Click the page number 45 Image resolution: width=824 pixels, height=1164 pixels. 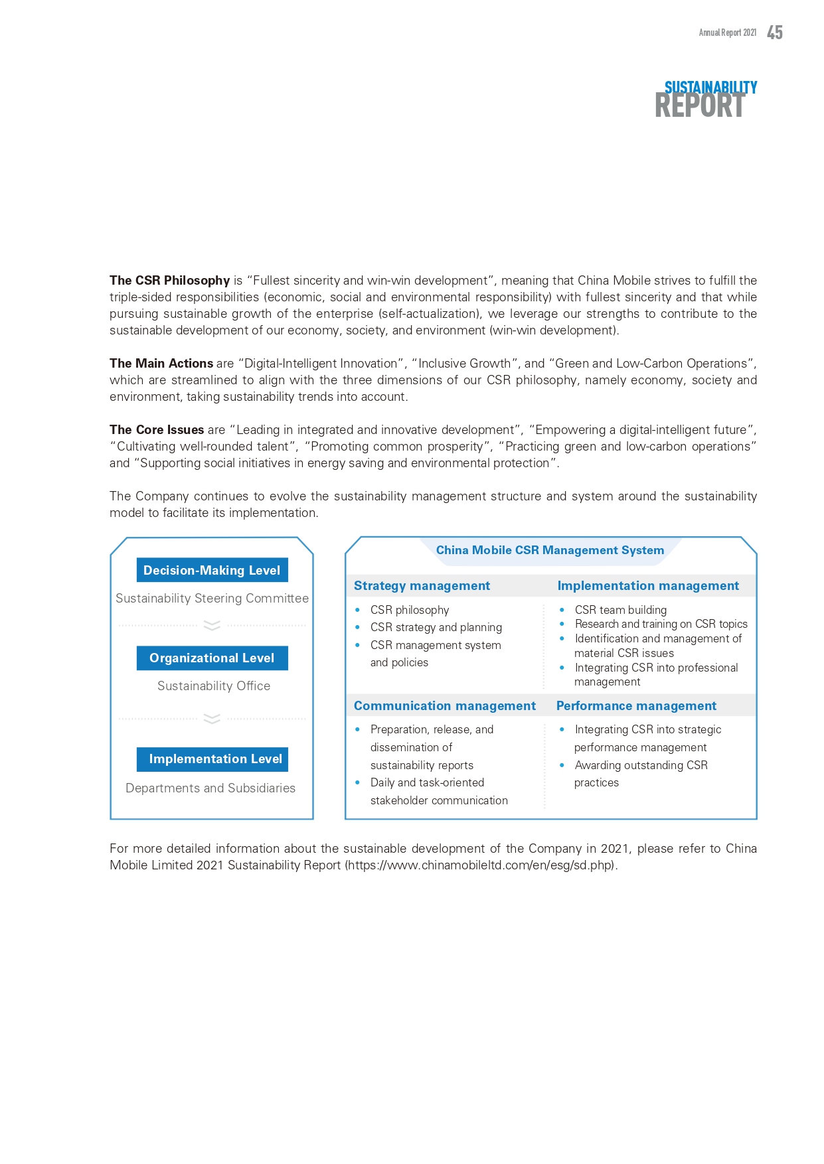pos(774,33)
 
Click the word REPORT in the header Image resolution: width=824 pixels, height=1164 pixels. pos(699,106)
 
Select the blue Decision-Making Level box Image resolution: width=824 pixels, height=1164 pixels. pos(212,570)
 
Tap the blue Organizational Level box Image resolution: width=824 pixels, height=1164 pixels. pos(212,658)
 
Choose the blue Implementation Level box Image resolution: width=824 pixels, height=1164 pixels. pos(212,759)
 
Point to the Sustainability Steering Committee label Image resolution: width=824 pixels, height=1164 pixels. pos(212,599)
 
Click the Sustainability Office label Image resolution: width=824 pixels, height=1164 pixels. pos(213,686)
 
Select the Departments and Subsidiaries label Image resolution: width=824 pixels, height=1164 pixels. pos(210,788)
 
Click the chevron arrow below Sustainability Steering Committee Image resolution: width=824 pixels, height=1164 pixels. pos(212,625)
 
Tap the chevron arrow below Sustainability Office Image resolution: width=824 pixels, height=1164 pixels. pos(212,719)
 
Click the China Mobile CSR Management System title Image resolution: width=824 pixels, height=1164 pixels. pos(550,550)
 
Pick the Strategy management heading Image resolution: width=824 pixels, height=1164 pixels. pos(422,586)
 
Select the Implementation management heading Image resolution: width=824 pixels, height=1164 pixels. pos(648,586)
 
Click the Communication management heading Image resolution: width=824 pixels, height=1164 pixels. pos(444,706)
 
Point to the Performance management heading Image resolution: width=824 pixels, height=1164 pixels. pos(636,706)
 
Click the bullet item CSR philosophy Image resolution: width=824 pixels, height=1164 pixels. pos(410,610)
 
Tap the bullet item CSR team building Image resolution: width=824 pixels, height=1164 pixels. pos(620,610)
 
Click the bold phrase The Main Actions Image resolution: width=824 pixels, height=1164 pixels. pos(161,364)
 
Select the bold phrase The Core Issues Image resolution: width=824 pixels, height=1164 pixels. pos(157,430)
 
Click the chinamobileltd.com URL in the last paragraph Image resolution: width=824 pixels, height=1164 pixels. pos(481,865)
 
